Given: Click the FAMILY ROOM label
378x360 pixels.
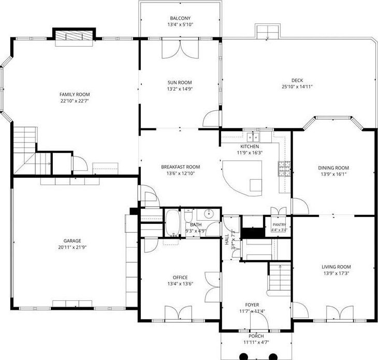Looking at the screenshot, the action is click(75, 94).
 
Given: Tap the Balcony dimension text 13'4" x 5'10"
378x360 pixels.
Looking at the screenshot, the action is click(180, 24).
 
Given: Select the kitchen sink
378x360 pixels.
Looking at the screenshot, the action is click(253, 137).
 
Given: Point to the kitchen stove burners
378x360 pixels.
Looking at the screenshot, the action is click(284, 169).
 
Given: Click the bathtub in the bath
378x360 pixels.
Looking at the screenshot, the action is click(172, 223).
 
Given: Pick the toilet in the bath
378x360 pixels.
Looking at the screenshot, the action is click(188, 216).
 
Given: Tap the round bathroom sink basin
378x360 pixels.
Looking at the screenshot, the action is click(208, 213).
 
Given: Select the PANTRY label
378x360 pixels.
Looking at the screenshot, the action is click(279, 224).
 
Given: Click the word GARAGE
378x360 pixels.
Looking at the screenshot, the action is click(72, 241).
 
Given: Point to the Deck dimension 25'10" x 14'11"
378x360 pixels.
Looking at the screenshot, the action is click(297, 87).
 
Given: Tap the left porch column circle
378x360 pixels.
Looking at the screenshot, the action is click(244, 356).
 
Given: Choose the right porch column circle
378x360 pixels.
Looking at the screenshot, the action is click(273, 356).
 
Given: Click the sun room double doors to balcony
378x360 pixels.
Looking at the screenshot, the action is click(180, 48).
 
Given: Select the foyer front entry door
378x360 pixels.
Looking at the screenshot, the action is click(259, 320).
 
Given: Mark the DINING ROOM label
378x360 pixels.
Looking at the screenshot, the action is click(333, 168).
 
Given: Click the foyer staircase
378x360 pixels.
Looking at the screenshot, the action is click(280, 278).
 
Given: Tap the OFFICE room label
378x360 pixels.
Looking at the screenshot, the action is click(180, 277).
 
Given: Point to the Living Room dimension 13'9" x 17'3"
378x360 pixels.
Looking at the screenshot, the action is click(336, 273).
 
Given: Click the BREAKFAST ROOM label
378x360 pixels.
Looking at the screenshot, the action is click(180, 167).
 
